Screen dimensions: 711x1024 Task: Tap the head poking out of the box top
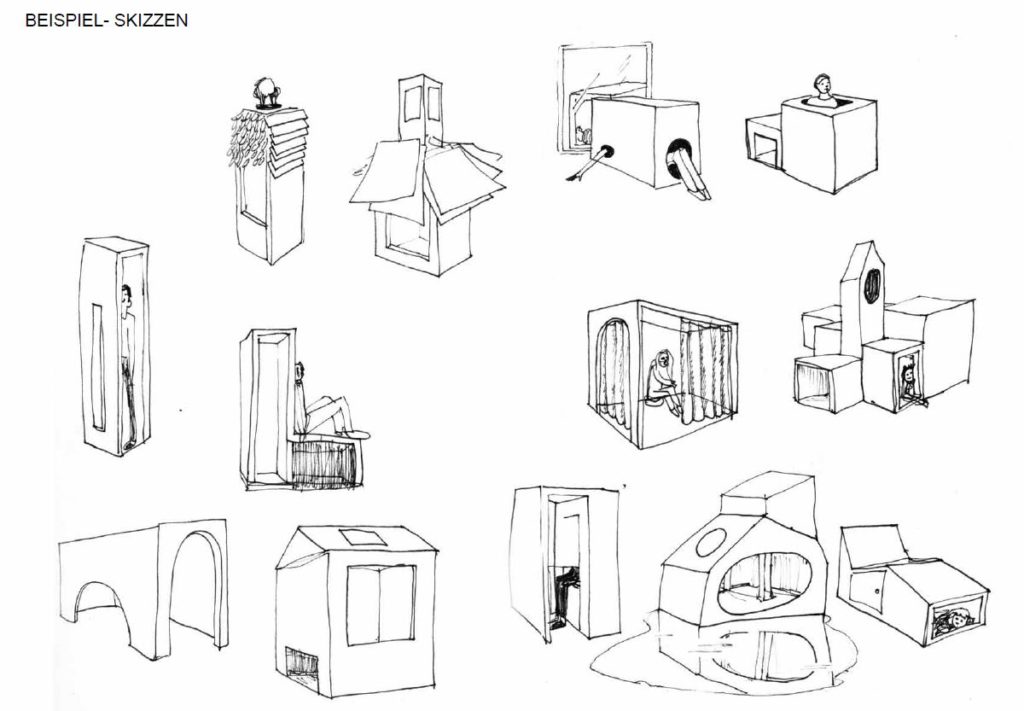(822, 88)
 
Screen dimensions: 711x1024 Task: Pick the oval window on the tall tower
(871, 286)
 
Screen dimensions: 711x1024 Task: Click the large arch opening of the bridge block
(196, 590)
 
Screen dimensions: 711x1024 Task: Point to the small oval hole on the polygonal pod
(711, 544)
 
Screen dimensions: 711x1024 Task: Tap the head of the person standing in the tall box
(126, 295)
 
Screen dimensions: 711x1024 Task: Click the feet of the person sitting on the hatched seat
(358, 433)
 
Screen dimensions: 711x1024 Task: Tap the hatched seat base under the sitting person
(321, 463)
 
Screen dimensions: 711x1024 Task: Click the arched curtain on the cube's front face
(612, 375)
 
